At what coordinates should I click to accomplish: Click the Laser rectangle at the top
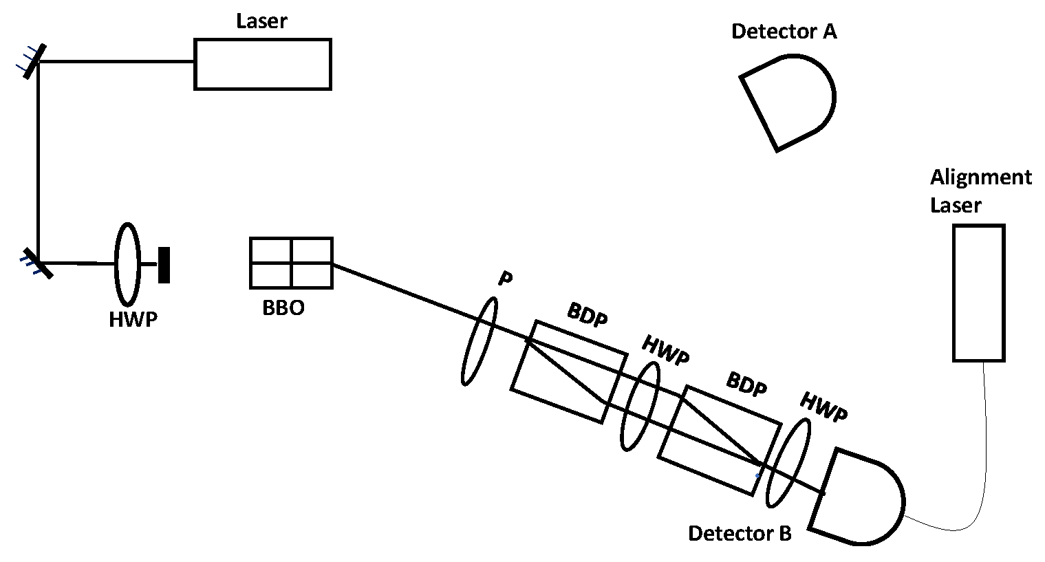click(x=262, y=64)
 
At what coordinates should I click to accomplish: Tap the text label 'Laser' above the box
click(x=261, y=21)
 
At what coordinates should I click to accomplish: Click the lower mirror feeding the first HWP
click(x=39, y=262)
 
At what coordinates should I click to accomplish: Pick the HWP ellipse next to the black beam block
click(x=127, y=263)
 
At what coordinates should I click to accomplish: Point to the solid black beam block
click(x=164, y=265)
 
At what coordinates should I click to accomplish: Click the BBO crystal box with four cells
click(x=291, y=263)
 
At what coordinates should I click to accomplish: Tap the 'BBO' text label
click(x=283, y=307)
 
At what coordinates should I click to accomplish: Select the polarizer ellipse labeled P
click(x=478, y=341)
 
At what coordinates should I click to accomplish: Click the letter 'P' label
click(x=506, y=279)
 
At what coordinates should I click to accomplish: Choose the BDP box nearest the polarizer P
click(x=568, y=371)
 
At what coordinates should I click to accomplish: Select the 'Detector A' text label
click(x=784, y=31)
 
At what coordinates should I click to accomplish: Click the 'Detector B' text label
click(x=740, y=533)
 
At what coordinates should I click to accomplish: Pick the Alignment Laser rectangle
click(x=978, y=292)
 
